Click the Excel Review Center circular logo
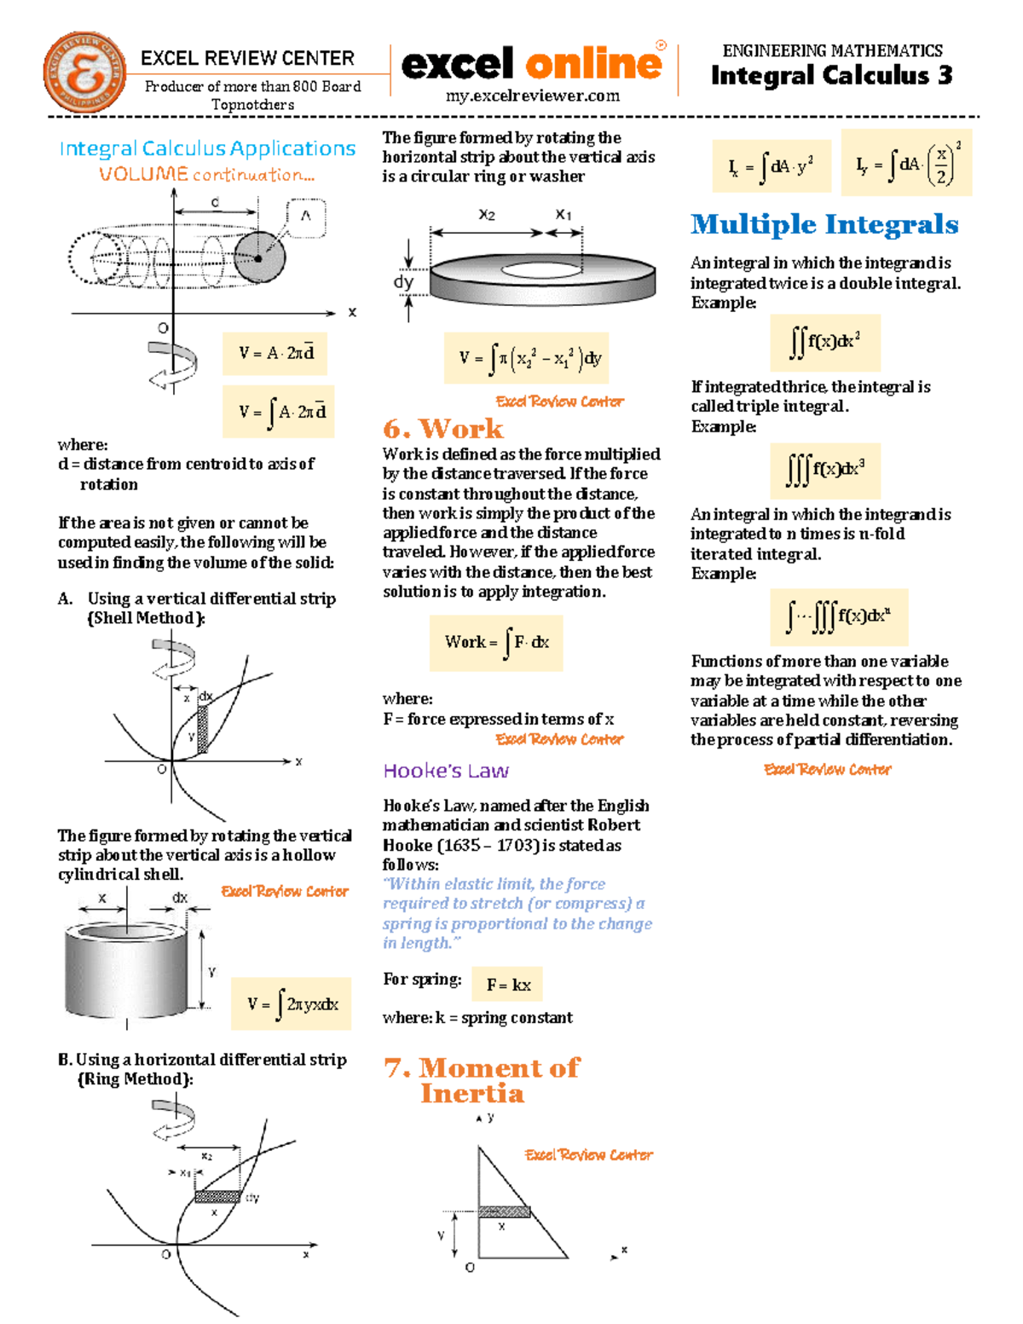pos(84,73)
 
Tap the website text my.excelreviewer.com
pos(533,95)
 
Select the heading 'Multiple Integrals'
pos(824,224)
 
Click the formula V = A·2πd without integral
pos(277,353)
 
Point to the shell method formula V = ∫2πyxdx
pos(292,1003)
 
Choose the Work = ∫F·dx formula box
pos(496,642)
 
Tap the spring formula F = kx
pos(508,984)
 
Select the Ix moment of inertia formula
pos(772,166)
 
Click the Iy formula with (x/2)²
pos(906,164)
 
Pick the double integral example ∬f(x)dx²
pos(824,342)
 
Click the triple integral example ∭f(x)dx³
pos(824,470)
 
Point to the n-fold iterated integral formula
pos(837,616)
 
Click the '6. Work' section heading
pos(442,428)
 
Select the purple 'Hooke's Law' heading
pos(445,771)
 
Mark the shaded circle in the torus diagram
pos(259,257)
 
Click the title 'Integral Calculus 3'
pos(831,76)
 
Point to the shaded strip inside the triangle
pos(504,1211)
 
